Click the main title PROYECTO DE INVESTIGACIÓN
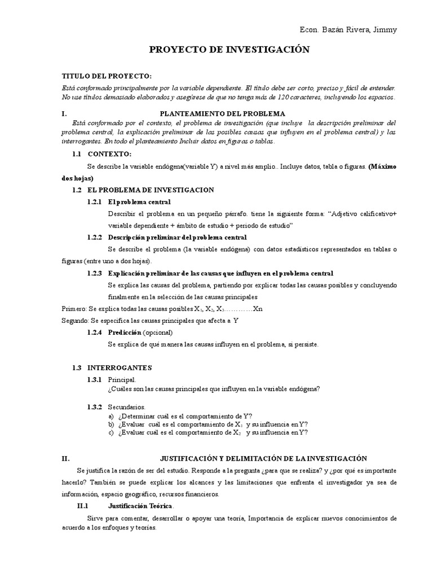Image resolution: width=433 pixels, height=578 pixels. tap(229, 50)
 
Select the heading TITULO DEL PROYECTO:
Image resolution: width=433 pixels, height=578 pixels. tap(107, 76)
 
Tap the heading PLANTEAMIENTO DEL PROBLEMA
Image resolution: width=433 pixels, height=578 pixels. tap(223, 113)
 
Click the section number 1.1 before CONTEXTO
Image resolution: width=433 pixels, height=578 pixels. tap(77, 154)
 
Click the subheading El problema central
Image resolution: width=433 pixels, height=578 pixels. tap(139, 202)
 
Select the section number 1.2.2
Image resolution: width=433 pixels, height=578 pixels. tap(95, 237)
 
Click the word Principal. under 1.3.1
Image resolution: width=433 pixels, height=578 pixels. tap(122, 380)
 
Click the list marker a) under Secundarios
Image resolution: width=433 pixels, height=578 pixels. tap(111, 415)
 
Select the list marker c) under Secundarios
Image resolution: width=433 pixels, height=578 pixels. tap(111, 432)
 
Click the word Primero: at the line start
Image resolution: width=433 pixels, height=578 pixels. tap(73, 308)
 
